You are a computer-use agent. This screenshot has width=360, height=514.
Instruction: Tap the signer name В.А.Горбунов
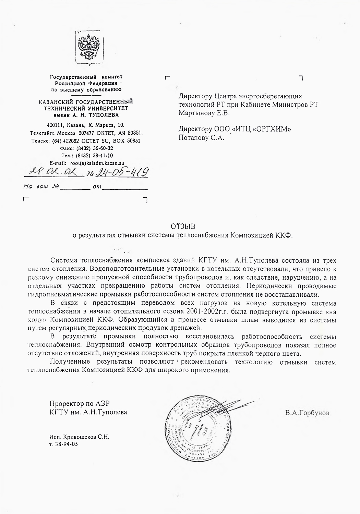307,413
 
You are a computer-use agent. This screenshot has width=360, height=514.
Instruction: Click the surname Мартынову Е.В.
204,113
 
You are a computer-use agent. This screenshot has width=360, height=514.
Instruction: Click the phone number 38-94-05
67,444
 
